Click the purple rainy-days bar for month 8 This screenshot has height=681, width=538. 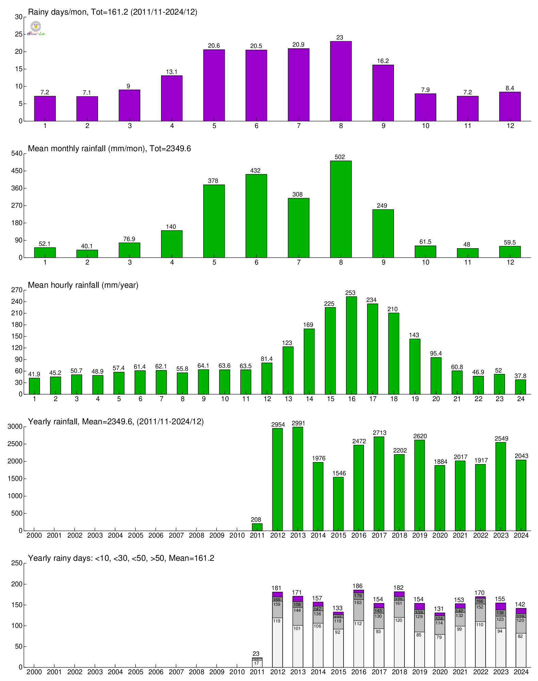coord(341,82)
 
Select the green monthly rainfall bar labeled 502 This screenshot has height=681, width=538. coord(341,209)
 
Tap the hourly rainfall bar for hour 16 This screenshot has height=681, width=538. coord(351,346)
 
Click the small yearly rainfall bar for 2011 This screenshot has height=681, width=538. coord(257,527)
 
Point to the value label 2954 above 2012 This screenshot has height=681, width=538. coord(278,425)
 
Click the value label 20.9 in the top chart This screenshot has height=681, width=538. coord(298,45)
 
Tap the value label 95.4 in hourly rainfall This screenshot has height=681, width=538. coord(436,353)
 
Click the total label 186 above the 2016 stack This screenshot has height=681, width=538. coord(358,586)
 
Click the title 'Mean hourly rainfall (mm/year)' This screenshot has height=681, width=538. coord(83,285)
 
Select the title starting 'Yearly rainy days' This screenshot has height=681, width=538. coord(121,558)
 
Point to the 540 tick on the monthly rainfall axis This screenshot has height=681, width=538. coord(17,154)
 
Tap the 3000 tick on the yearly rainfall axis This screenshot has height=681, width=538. coord(15,427)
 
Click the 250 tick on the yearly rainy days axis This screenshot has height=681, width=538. coord(17,563)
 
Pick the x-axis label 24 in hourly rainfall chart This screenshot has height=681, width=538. coord(521,399)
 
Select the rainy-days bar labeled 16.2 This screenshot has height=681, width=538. coord(383,93)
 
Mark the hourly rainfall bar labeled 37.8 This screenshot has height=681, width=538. coord(520,387)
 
